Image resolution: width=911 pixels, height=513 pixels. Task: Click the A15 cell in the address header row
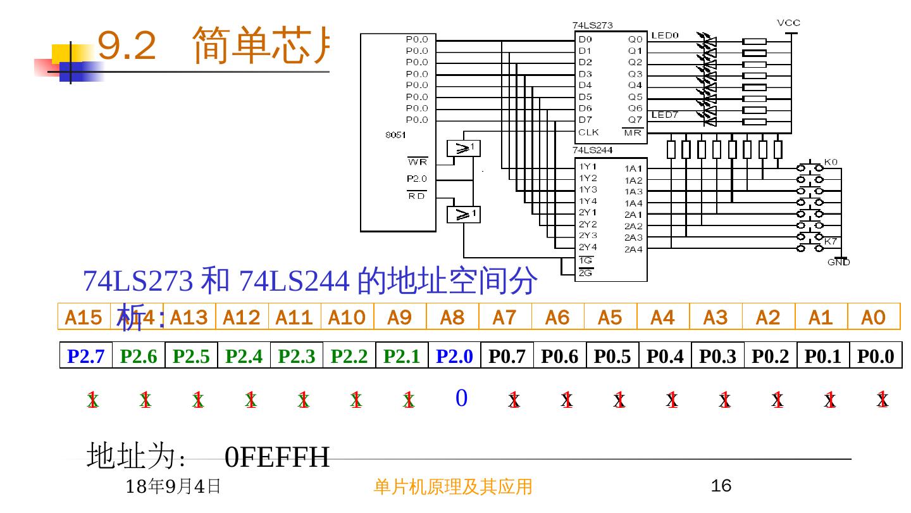point(84,317)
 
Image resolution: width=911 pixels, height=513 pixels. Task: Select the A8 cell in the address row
point(452,317)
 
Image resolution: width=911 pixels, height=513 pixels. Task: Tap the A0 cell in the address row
point(874,317)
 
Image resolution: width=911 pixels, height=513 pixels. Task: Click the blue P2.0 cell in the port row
point(454,357)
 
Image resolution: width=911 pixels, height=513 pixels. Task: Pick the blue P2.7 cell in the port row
point(86,357)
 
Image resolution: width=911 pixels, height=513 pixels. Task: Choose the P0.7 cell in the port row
point(507,357)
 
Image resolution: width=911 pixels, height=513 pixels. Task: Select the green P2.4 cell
point(244,357)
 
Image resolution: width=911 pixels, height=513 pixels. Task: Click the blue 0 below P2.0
point(461,398)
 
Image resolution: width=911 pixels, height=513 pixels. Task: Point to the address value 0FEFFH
point(277,457)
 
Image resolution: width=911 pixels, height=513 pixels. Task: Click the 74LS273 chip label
point(593,25)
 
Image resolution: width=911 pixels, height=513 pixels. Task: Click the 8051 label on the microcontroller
point(395,135)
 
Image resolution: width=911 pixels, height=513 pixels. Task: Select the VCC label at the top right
point(788,23)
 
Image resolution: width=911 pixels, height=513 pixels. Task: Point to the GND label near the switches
point(839,262)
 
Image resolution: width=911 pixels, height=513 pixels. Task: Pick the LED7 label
point(665,115)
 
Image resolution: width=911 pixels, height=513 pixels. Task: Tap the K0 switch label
point(830,162)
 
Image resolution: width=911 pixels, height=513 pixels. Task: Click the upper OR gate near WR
point(464,149)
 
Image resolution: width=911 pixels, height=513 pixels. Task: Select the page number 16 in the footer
point(721,486)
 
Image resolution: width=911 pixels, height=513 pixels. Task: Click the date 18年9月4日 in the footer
point(173,486)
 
